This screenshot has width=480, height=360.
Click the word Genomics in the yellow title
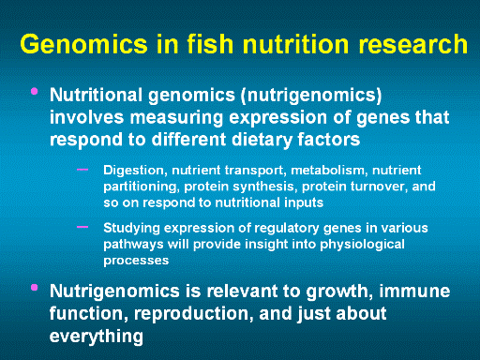tap(83, 44)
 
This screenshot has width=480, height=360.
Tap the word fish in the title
tap(210, 43)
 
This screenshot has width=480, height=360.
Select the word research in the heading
tap(412, 43)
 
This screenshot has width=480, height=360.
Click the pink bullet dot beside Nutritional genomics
tap(35, 91)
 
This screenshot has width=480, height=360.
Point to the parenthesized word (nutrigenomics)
tap(311, 95)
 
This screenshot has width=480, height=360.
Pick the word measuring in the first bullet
tap(176, 117)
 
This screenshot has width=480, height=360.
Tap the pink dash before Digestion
tap(82, 170)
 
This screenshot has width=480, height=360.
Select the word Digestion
tap(133, 171)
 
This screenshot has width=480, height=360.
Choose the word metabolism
tap(328, 171)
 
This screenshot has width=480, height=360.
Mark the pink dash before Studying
tap(82, 227)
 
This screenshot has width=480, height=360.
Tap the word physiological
tap(362, 245)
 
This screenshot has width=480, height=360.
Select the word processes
tap(136, 261)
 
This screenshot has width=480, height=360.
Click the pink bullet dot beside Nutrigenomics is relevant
tap(35, 288)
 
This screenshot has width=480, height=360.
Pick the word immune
tap(414, 291)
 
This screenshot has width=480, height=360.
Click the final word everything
tap(97, 337)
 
